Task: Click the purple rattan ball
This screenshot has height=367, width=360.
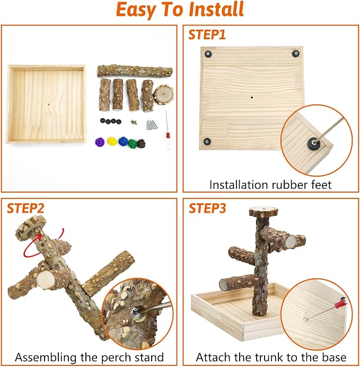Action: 100,142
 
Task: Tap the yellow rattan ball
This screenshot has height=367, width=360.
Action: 112,141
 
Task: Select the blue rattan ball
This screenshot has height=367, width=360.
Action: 123,141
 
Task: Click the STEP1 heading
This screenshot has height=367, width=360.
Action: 207,34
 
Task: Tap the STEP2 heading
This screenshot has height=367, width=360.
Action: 25,208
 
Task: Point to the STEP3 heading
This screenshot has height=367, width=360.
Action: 207,208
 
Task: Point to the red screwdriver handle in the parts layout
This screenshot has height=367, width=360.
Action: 168,136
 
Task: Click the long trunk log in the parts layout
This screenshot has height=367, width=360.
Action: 135,71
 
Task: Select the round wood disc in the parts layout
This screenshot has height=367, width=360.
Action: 163,94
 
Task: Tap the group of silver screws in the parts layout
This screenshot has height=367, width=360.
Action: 152,125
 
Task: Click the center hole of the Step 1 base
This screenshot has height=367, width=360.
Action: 252,97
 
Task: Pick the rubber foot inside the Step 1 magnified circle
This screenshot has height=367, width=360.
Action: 313,142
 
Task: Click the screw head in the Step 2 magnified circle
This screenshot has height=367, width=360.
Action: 135,311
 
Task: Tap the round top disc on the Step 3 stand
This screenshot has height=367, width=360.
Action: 264,211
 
